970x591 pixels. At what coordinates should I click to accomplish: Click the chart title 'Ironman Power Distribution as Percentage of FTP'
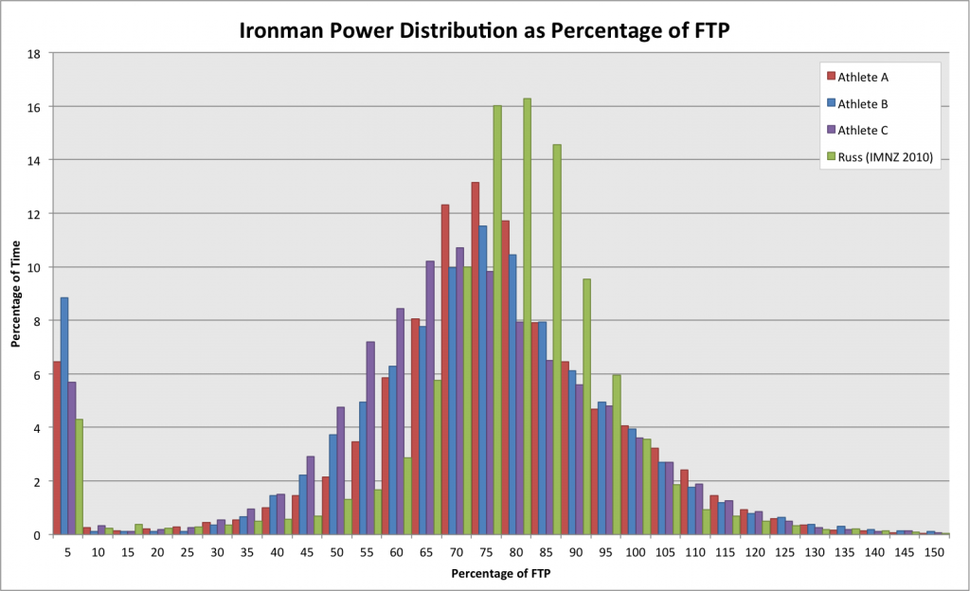tap(485, 29)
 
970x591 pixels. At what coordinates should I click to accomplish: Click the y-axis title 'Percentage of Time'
tap(16, 295)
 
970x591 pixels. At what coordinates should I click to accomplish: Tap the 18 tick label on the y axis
tap(32, 54)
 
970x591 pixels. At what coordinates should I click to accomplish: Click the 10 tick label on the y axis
tap(32, 268)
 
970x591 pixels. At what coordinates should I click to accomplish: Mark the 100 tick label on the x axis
tap(635, 550)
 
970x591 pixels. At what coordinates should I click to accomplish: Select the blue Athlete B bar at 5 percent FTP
tap(64, 417)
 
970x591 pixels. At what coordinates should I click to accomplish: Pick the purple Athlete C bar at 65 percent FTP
tap(430, 398)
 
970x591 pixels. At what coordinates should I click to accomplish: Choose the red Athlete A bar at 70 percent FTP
tap(444, 369)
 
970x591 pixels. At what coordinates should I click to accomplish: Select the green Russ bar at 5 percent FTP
tap(80, 477)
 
